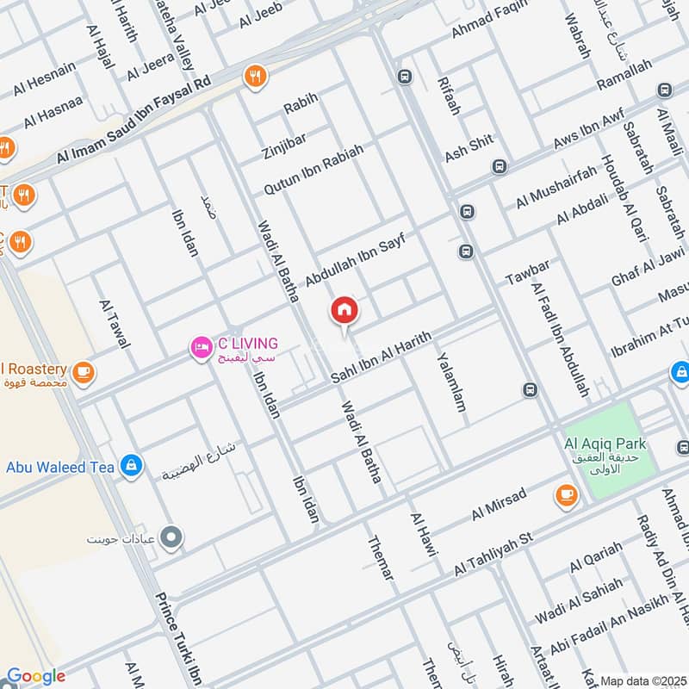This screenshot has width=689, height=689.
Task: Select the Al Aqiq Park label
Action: coord(605,444)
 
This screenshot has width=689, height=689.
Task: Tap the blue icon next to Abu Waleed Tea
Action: coord(130,466)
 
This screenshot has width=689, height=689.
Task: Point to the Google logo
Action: coord(35,676)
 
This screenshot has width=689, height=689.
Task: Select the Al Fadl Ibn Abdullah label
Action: coord(560,340)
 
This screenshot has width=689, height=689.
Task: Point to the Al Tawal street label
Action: coord(114,324)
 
